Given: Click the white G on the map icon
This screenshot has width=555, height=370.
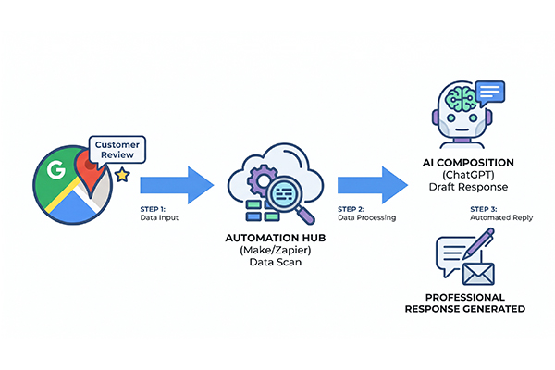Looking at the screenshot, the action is pyautogui.click(x=56, y=169).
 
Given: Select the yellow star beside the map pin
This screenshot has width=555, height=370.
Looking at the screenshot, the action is pyautogui.click(x=122, y=175).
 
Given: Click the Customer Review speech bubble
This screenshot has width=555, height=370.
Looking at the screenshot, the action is pyautogui.click(x=117, y=150).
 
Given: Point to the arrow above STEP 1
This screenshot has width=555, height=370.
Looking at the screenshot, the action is pyautogui.click(x=177, y=185).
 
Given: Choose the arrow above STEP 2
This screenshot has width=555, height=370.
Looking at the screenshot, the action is pyautogui.click(x=373, y=185).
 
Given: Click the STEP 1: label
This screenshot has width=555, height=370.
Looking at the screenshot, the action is pyautogui.click(x=153, y=209).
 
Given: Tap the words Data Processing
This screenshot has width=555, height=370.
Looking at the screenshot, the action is pyautogui.click(x=366, y=217).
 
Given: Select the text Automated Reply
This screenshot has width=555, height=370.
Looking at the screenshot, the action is pyautogui.click(x=501, y=217).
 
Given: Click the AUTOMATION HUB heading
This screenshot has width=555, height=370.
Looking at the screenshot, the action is pyautogui.click(x=276, y=238).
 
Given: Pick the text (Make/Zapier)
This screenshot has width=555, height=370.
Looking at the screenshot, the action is pyautogui.click(x=276, y=250).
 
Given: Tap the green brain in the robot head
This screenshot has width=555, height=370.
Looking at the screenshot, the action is pyautogui.click(x=461, y=99).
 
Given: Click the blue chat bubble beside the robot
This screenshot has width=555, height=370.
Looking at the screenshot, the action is pyautogui.click(x=490, y=93).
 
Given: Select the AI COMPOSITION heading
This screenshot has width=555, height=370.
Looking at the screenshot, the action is pyautogui.click(x=468, y=163).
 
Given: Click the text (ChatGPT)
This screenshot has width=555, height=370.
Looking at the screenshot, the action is pyautogui.click(x=468, y=175).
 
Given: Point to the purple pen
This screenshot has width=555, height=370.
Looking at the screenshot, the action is pyautogui.click(x=478, y=243).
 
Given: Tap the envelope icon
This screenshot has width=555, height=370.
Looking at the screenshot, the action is pyautogui.click(x=478, y=274).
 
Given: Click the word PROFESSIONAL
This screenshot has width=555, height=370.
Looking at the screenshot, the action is pyautogui.click(x=465, y=297).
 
